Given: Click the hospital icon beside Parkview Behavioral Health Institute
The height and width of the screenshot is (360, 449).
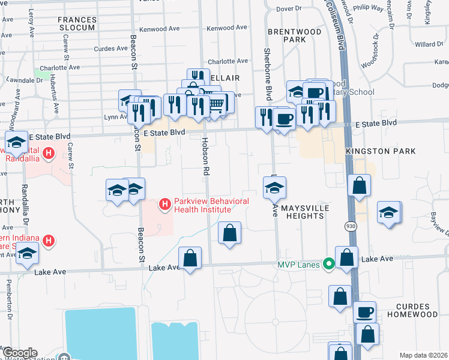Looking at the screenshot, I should pyautogui.click(x=164, y=205).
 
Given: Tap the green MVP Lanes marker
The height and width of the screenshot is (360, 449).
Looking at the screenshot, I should pyautogui.click(x=328, y=263).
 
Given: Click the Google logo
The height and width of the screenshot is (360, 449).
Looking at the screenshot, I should pyautogui.click(x=20, y=353).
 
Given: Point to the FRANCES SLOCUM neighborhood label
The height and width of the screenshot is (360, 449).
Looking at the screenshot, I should pyautogui.click(x=76, y=23).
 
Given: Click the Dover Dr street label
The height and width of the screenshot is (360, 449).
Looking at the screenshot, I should pyautogui.click(x=289, y=8).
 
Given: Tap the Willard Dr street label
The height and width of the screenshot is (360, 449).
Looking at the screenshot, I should pyautogui.click(x=428, y=44).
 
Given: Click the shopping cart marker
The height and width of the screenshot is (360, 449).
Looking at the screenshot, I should pyautogui.click(x=215, y=104).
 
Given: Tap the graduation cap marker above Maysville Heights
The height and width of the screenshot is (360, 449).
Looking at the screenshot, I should pyautogui.click(x=274, y=188).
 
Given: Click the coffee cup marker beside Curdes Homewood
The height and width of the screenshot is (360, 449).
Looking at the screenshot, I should pyautogui.click(x=364, y=312).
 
